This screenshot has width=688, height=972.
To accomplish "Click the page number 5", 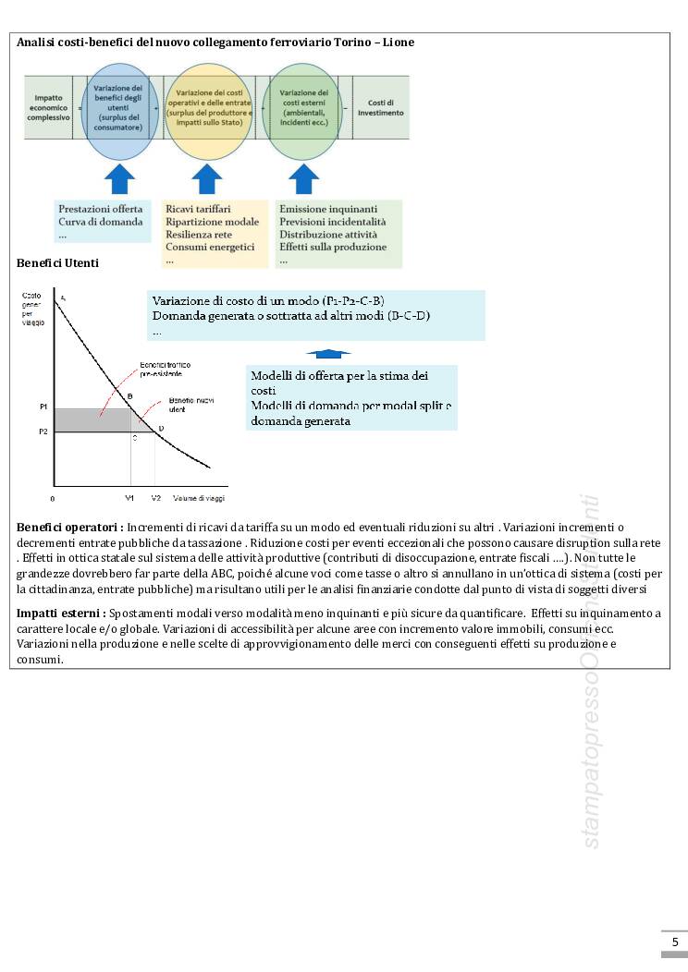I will tap(674, 942).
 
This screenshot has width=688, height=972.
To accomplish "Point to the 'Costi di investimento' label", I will tap(380, 107).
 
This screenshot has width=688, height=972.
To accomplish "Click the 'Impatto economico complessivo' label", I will tap(48, 107).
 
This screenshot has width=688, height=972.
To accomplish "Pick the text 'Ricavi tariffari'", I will tap(198, 210).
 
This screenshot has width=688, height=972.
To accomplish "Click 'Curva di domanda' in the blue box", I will tap(100, 222).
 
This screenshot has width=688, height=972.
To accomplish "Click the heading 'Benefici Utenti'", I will tap(57, 263).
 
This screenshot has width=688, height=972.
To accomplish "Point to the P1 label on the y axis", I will tap(43, 407).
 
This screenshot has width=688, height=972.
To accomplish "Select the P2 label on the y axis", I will tap(43, 431).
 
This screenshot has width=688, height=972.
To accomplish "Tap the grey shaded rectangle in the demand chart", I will tap(92, 420).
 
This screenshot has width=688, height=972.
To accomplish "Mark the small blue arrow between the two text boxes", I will tap(328, 353).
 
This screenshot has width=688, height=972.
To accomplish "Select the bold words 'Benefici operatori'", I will tap(69, 527).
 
